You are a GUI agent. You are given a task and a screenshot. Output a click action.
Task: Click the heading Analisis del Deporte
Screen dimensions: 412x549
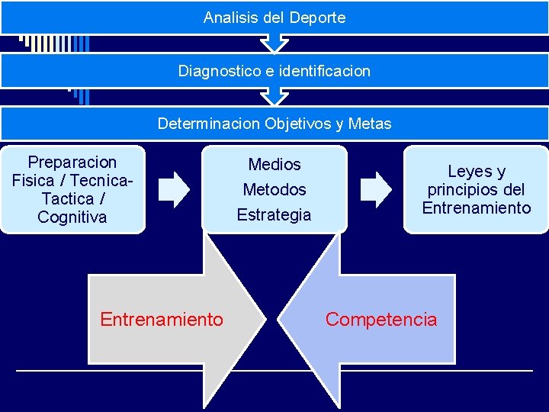coord(274,17)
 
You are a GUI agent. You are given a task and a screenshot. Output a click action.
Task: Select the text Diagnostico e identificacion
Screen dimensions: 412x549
coord(274,71)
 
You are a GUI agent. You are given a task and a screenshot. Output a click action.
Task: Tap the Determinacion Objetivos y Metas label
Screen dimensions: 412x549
coord(274,124)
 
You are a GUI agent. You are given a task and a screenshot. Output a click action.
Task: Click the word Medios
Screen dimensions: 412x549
coord(274,164)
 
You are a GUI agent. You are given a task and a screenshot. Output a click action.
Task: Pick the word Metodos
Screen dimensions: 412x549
coord(274,189)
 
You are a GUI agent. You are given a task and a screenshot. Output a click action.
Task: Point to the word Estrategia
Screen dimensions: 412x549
coord(274,214)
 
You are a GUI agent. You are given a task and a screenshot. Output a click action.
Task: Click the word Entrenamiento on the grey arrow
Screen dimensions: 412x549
coord(162,319)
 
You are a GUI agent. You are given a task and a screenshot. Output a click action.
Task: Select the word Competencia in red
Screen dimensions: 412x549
coord(381,319)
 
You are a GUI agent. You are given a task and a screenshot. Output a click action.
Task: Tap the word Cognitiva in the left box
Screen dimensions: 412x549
coord(72,217)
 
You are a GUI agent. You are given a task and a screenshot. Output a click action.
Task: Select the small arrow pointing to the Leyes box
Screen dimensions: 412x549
coord(374,189)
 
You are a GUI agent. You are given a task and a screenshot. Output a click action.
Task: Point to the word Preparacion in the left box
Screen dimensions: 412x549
coord(72,163)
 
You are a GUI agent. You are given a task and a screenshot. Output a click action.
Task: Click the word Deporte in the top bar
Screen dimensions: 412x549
coord(317,17)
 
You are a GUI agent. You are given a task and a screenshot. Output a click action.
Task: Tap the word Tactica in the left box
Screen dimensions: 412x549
coord(67,199)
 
